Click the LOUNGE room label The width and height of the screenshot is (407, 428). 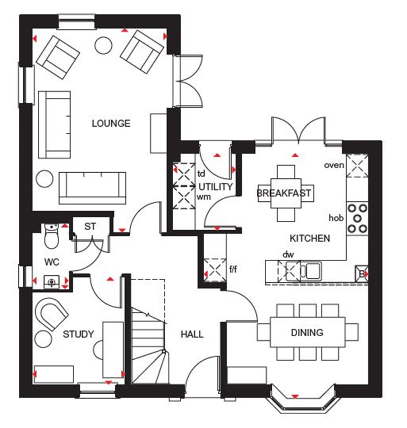tap(111, 123)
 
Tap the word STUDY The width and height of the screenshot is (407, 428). tap(79, 334)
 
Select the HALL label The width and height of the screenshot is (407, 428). tap(192, 334)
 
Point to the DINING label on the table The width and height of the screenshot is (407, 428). tap(307, 332)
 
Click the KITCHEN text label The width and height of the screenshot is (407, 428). tap(310, 238)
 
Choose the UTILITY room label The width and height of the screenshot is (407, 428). tap(215, 187)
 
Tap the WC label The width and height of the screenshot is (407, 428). tap(52, 262)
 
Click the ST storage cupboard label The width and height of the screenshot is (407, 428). tap(90, 227)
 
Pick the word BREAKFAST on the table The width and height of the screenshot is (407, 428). tap(284, 193)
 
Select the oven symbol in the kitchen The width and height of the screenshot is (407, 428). tap(357, 166)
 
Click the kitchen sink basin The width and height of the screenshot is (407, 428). tap(313, 271)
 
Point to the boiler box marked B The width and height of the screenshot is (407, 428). tap(361, 274)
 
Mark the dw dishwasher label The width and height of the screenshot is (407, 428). tap(287, 254)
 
